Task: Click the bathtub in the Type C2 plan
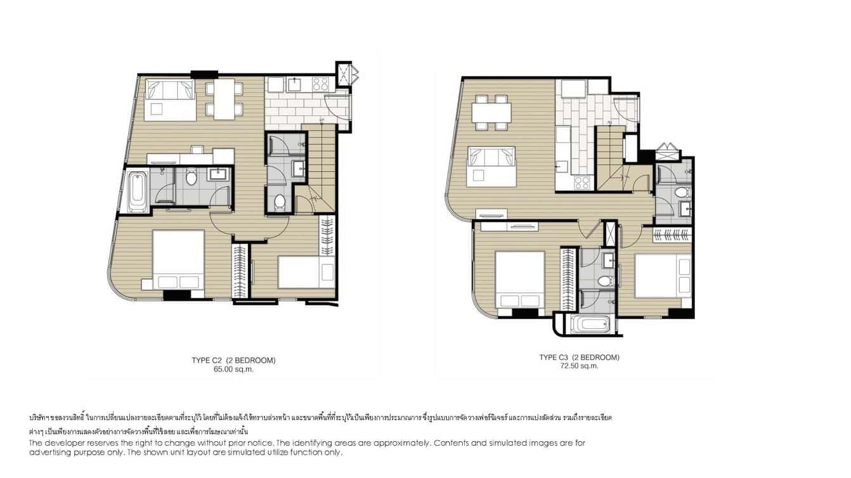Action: click(x=138, y=190)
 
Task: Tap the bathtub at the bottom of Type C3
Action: click(x=588, y=325)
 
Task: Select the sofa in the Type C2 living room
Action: click(x=169, y=100)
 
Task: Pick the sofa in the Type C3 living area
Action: click(x=491, y=166)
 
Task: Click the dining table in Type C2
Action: click(x=224, y=100)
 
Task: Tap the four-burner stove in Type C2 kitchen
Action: click(x=320, y=84)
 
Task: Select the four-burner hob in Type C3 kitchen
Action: click(x=581, y=183)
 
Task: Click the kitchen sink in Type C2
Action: click(x=296, y=84)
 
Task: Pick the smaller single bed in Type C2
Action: click(x=306, y=272)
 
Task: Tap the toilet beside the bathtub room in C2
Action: click(x=192, y=177)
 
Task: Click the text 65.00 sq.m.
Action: click(x=233, y=369)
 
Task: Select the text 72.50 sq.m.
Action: click(x=579, y=366)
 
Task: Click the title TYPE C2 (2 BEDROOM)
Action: click(x=233, y=360)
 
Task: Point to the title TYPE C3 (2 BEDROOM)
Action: click(x=579, y=357)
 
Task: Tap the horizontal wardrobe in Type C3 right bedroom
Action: click(x=672, y=235)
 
